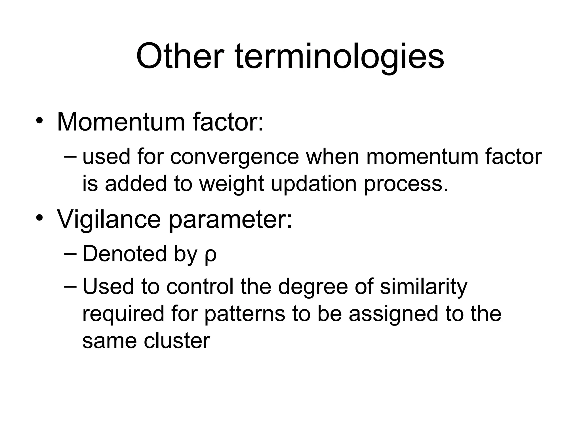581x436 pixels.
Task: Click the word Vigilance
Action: (109, 219)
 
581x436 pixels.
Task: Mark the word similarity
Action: (423, 287)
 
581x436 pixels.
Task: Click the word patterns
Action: (245, 314)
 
